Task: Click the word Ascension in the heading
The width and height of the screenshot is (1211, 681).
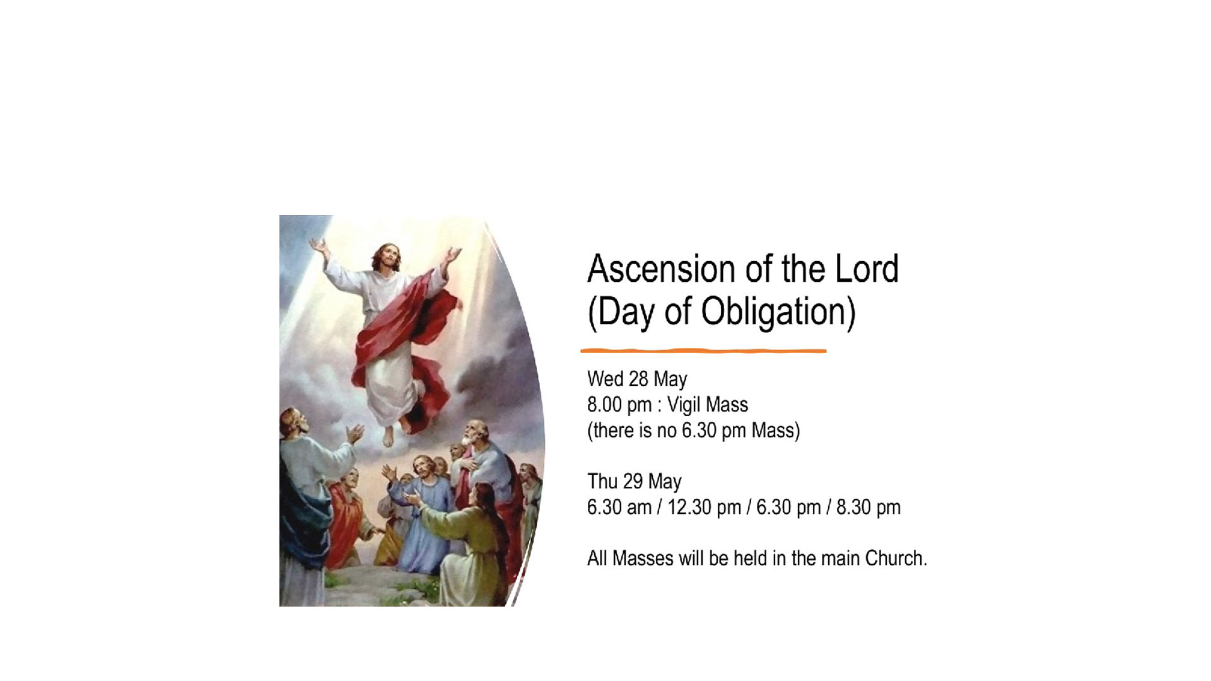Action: click(662, 269)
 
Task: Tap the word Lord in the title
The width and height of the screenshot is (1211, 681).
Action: click(867, 269)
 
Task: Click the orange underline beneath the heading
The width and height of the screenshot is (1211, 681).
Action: click(703, 351)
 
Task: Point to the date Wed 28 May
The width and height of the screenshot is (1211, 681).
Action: click(637, 379)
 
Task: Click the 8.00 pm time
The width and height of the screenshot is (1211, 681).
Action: click(619, 405)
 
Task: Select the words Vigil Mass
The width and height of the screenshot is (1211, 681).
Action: click(708, 405)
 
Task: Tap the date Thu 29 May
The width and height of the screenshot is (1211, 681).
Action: click(635, 482)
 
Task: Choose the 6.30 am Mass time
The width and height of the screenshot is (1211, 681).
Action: click(619, 508)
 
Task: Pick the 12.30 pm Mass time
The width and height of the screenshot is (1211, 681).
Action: click(704, 508)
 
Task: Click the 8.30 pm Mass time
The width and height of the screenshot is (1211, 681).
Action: click(869, 508)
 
